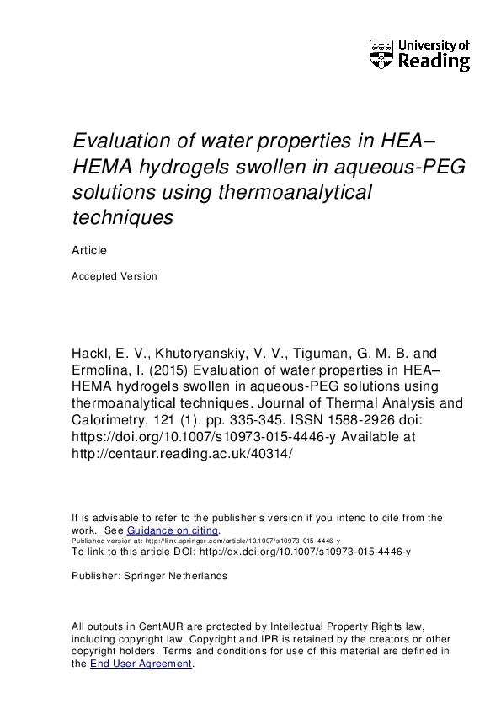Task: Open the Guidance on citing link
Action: coord(173,530)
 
